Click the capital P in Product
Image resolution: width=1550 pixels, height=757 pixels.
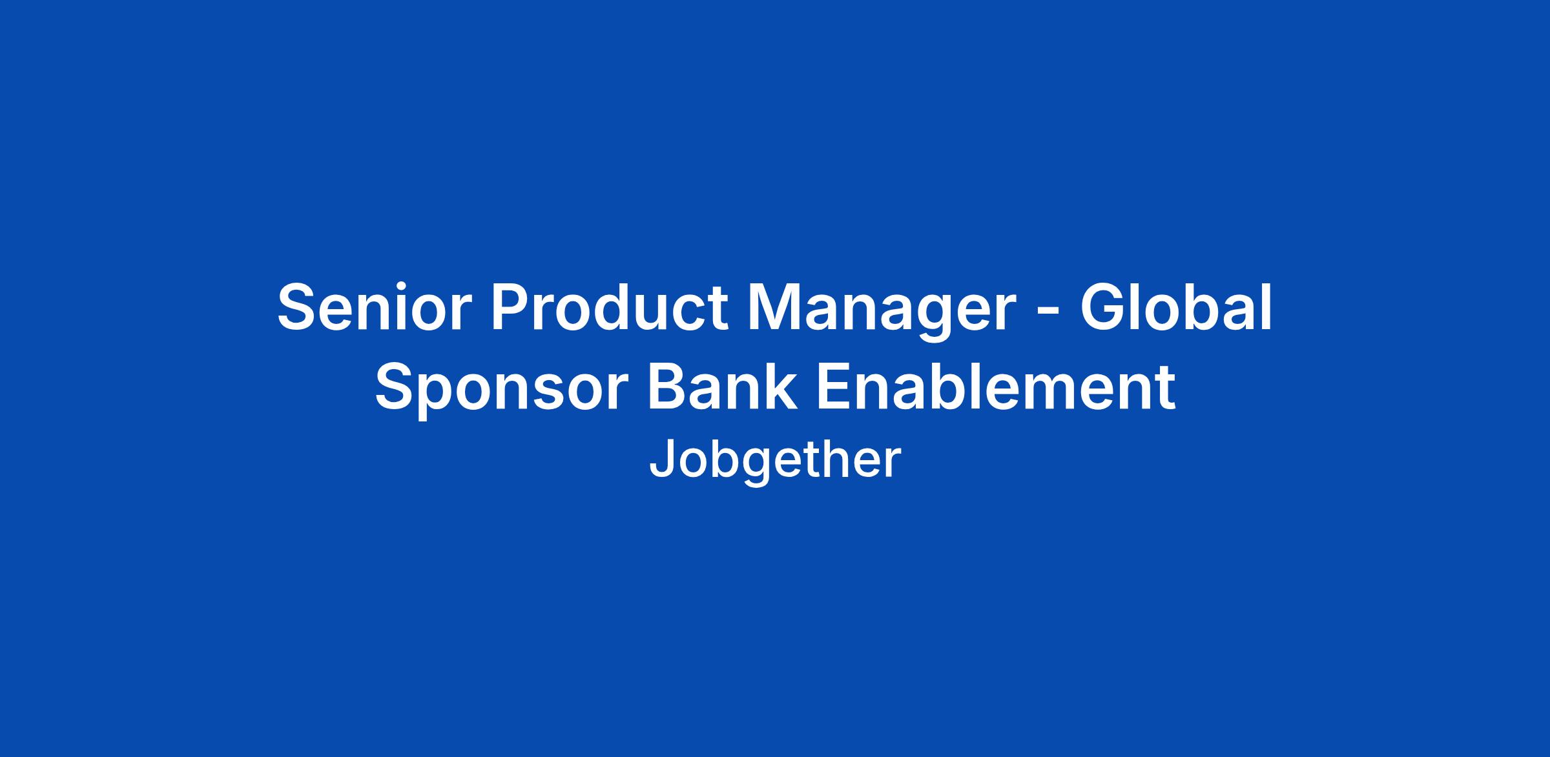[x=513, y=308]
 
